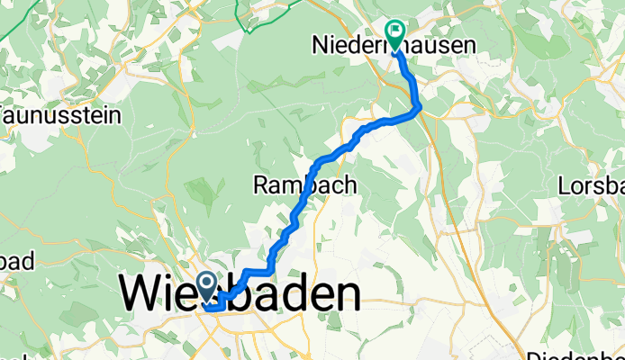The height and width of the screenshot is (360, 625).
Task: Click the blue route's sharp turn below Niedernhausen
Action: [419, 109]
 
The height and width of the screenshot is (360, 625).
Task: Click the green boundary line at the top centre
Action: [241, 11]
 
